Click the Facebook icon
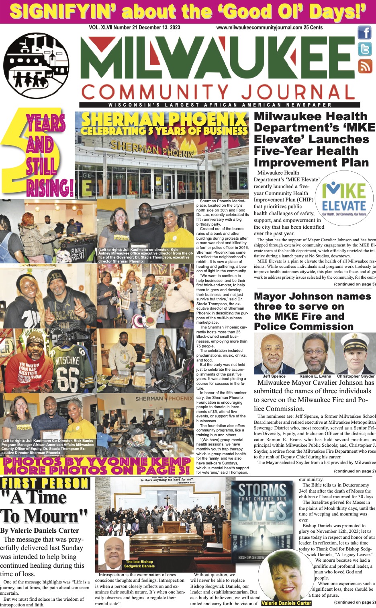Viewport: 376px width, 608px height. pos(365,32)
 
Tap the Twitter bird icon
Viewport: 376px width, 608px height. pos(365,49)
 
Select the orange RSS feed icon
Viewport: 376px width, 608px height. pos(365,66)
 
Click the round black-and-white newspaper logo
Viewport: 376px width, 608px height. pos(36,66)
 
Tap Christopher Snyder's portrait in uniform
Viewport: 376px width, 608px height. pos(356,354)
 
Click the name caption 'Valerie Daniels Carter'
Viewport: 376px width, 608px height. pos(286,603)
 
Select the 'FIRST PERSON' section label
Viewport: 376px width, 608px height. pos(45,483)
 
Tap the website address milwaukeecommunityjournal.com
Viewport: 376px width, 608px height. pos(259,28)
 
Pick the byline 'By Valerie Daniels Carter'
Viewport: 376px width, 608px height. pos(40,530)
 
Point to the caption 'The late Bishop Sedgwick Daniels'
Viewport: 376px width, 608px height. pos(139,564)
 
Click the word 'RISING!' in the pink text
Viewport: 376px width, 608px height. pos(50,187)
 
